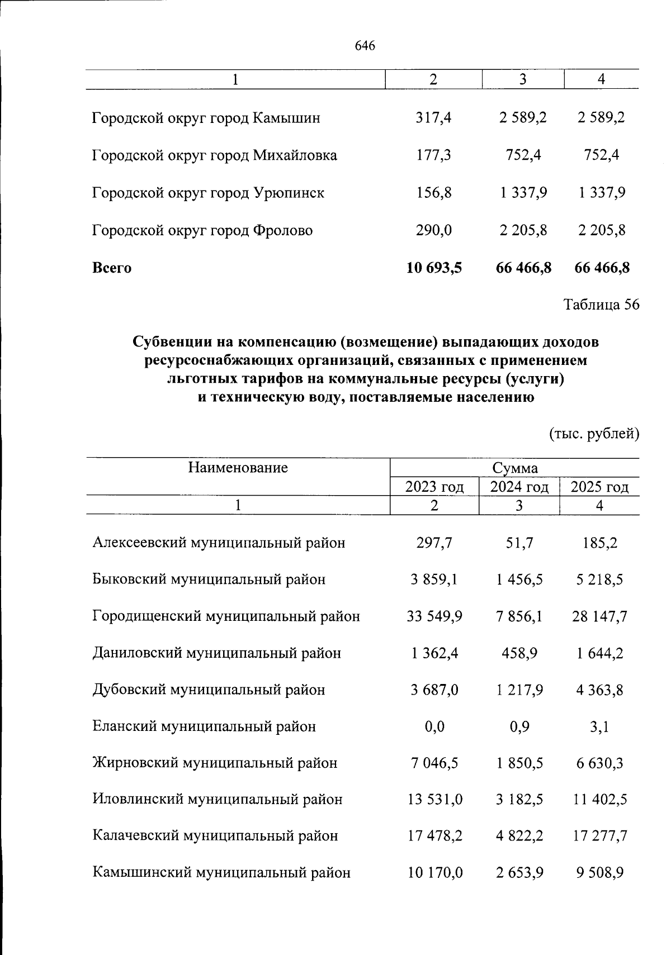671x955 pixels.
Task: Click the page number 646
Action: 365,46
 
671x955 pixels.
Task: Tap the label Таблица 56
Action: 601,305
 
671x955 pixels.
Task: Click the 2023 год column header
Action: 434,487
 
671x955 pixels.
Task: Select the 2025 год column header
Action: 599,487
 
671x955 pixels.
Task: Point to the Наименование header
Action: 238,468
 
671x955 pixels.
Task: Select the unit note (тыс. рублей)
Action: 594,434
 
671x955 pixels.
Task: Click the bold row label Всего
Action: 112,268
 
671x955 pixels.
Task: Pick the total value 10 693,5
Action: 434,268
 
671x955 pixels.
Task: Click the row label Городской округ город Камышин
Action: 206,118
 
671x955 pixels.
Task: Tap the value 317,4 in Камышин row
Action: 434,118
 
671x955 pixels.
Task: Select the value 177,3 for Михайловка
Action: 434,155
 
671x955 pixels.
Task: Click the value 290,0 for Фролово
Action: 434,230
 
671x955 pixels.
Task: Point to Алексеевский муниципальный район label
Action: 219,543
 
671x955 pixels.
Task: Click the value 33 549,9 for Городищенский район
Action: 434,616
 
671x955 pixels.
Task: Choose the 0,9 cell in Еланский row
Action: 519,726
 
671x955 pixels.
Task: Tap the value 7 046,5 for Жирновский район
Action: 434,763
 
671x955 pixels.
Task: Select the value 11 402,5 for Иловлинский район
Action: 599,800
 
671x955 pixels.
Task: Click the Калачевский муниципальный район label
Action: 215,836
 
